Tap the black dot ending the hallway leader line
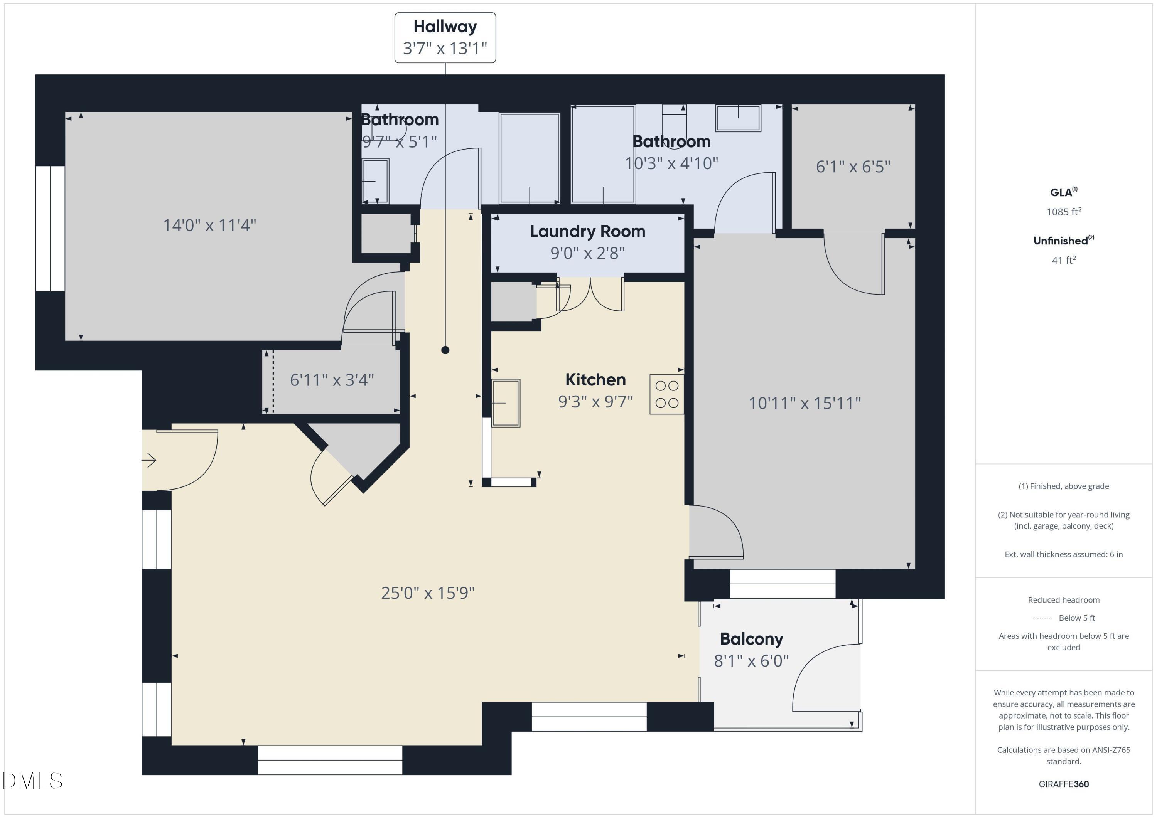[x=445, y=350]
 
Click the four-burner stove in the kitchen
[x=666, y=394]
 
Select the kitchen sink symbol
[x=506, y=403]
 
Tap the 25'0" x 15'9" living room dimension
[x=427, y=593]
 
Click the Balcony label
[x=751, y=639]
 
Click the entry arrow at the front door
[x=149, y=460]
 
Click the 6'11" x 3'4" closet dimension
[x=332, y=380]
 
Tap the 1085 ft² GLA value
[x=1063, y=212]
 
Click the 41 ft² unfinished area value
[x=1063, y=260]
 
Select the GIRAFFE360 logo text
[x=1063, y=784]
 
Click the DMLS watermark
[x=33, y=781]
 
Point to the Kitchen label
[x=595, y=380]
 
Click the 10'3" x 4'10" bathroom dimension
[x=671, y=163]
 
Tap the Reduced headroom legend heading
[x=1063, y=600]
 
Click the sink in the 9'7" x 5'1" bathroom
[x=375, y=181]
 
